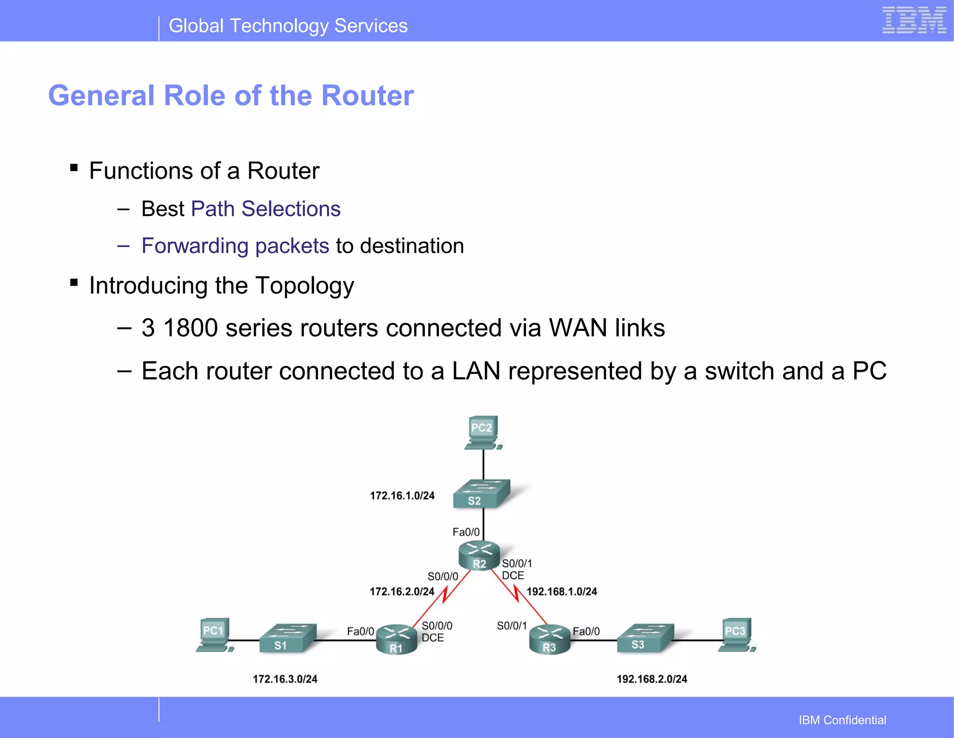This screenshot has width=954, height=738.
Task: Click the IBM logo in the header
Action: pos(914,20)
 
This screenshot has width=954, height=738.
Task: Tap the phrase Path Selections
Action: pos(266,209)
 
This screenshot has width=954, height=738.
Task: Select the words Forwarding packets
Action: pos(235,246)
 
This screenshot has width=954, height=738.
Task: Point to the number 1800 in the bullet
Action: pos(191,328)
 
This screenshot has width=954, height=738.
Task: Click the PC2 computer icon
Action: pos(483,433)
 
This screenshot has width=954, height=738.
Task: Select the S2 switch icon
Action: pos(482,494)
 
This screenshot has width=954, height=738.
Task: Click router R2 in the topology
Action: pos(479,555)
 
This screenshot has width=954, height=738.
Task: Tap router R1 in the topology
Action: pos(396,640)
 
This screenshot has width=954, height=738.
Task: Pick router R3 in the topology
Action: pos(550,640)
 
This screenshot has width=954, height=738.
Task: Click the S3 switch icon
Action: pos(645,638)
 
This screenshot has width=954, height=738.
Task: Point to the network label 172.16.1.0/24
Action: pos(402,496)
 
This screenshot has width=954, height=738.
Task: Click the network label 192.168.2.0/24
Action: pos(652,679)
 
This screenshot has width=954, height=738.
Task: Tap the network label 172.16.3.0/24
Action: pos(285,679)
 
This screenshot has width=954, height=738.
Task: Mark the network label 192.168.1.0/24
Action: pos(561,592)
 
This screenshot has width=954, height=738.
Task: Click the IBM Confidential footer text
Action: pos(842,720)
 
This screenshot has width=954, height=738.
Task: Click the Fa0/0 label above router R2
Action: pos(466,532)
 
